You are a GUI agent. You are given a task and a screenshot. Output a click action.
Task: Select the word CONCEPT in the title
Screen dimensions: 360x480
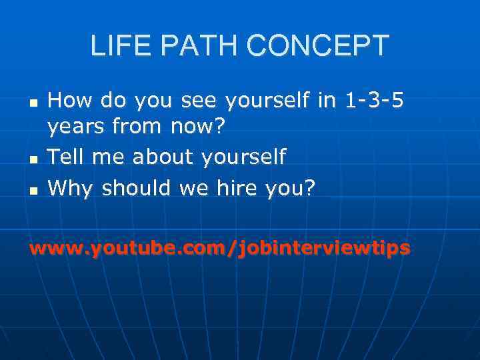point(317,46)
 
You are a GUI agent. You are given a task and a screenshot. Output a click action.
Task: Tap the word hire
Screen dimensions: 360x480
point(236,189)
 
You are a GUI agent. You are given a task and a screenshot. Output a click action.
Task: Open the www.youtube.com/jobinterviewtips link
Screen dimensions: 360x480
point(219,249)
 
